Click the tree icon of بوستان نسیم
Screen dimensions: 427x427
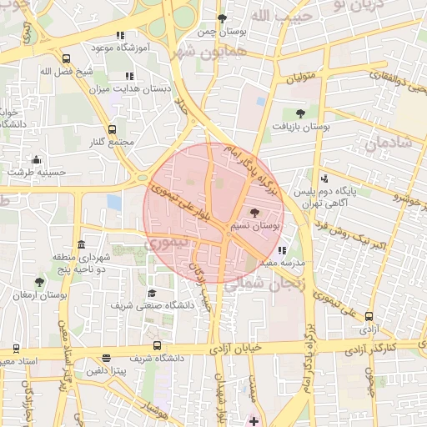[254, 213]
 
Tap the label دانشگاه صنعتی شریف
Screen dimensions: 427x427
[158, 305]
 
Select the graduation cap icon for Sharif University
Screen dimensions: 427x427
[152, 293]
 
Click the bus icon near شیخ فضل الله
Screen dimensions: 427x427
[66, 58]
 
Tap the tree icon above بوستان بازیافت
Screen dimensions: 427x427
[300, 113]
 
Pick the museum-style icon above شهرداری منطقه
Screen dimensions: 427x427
[80, 245]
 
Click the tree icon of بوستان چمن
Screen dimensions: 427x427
[221, 18]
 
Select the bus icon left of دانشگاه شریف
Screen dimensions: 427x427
[157, 345]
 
